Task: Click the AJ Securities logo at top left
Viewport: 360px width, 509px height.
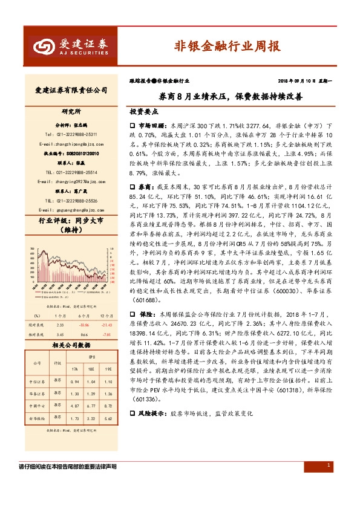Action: point(70,45)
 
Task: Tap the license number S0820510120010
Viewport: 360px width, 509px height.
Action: point(71,154)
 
